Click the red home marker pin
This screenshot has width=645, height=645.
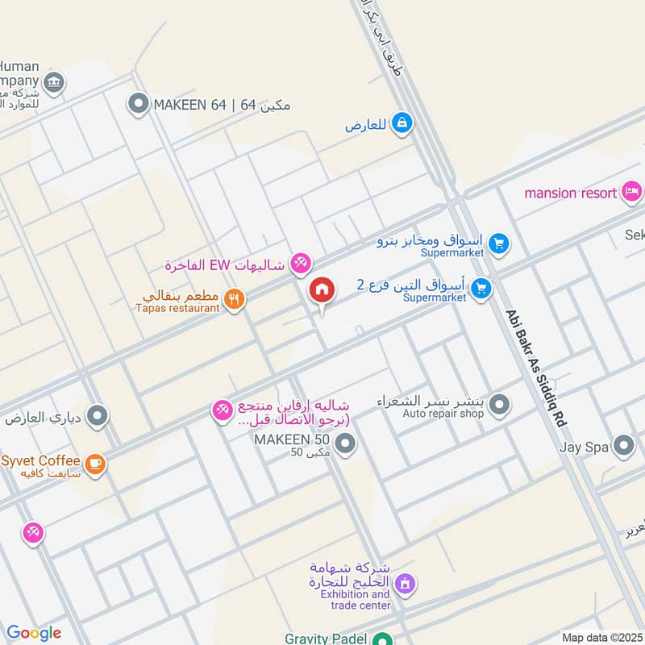322,289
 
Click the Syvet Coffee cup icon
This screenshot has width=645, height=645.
95,464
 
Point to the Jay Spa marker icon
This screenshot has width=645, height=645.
623,445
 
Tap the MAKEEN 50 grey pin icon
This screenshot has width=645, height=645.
345,444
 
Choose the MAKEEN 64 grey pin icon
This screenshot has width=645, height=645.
139,104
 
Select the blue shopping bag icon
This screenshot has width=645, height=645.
402,123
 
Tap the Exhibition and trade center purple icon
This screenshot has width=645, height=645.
405,581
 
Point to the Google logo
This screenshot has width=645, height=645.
33,633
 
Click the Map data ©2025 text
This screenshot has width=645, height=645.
601,637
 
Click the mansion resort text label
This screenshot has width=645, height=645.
572,193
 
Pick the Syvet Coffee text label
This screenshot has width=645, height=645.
40,460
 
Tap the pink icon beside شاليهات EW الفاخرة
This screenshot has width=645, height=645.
300,262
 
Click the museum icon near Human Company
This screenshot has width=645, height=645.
54,81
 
